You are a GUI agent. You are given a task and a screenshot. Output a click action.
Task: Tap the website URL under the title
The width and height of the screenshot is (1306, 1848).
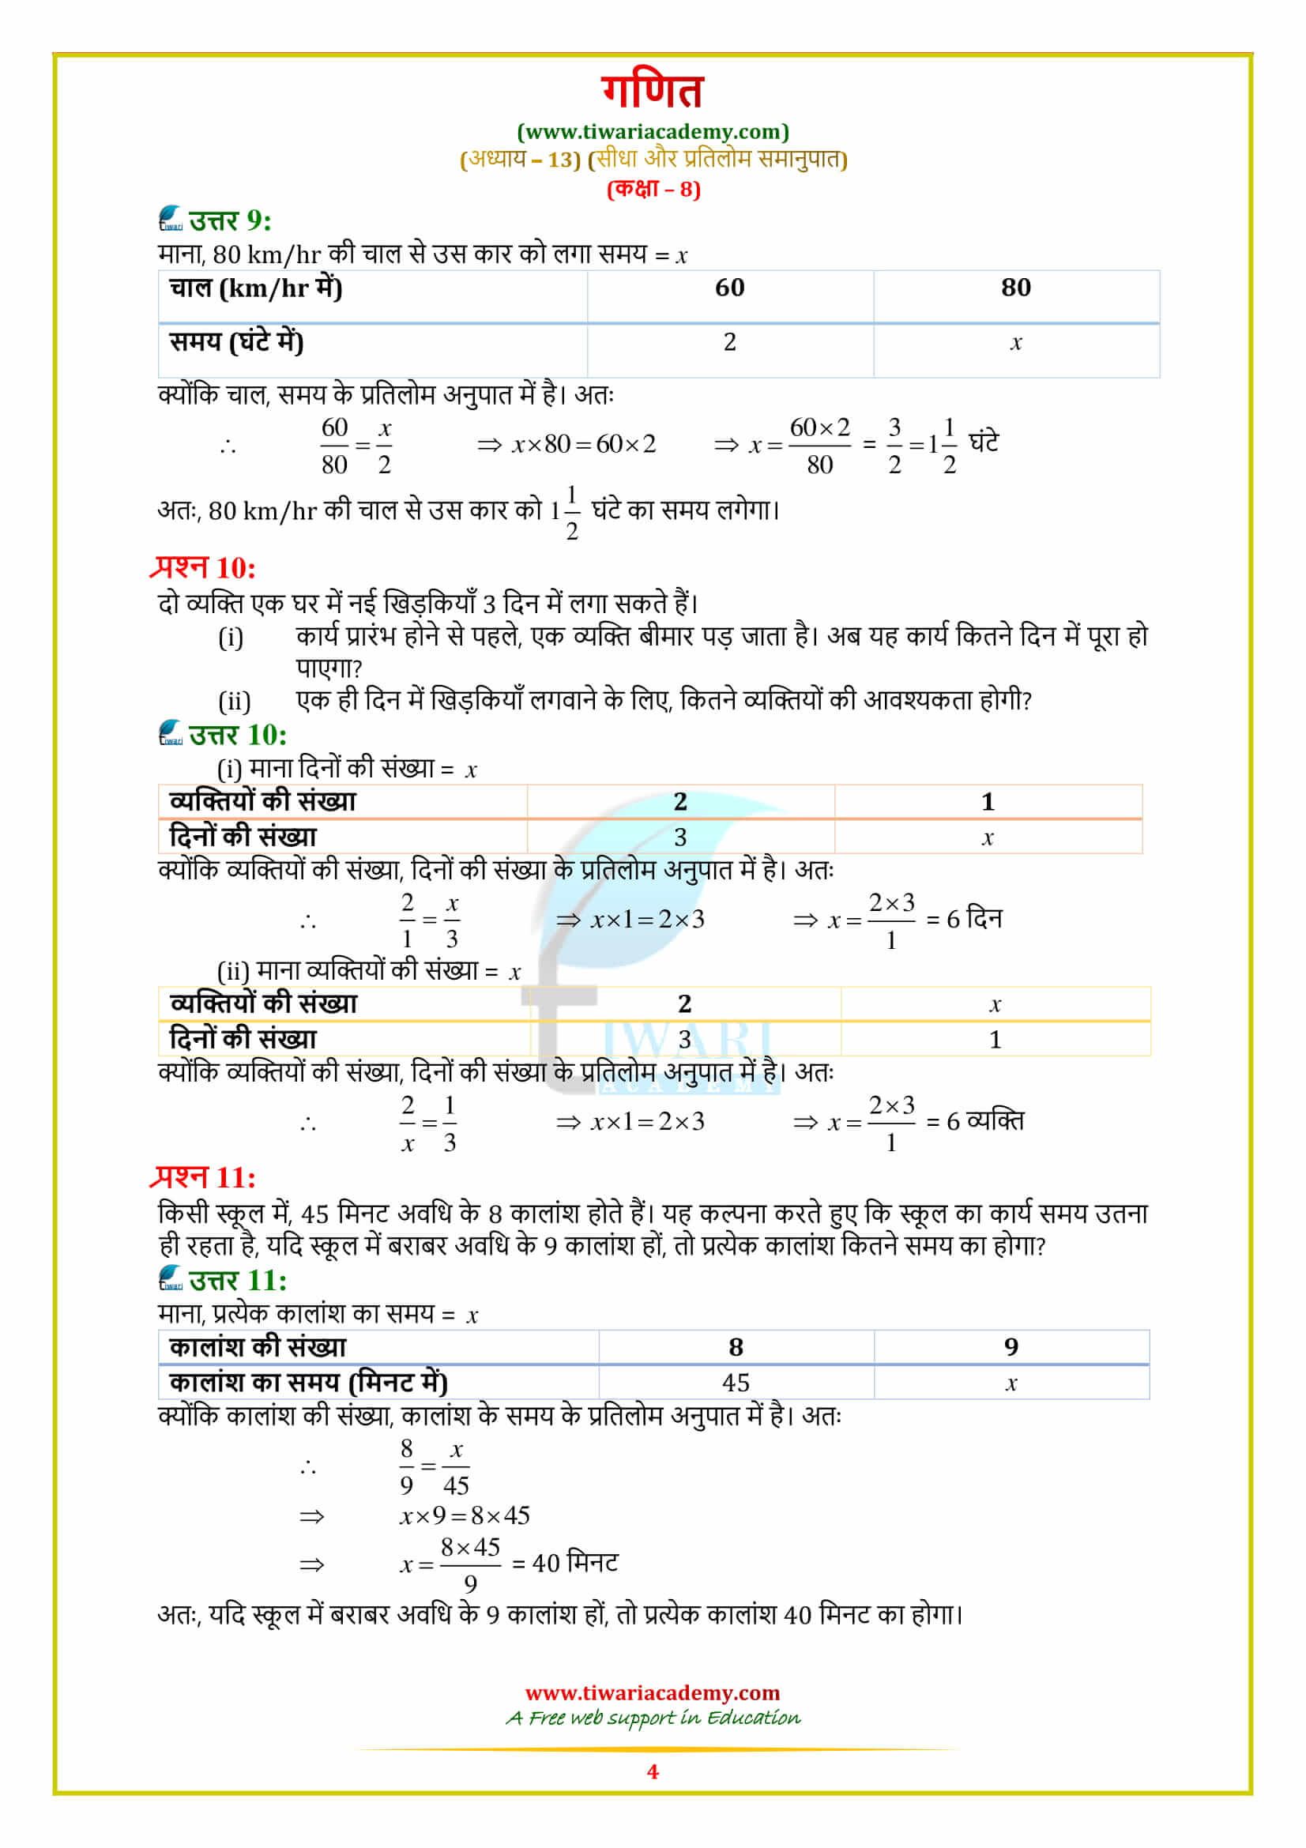653,131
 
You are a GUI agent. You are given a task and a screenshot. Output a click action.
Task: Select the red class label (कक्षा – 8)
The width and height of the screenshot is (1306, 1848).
653,189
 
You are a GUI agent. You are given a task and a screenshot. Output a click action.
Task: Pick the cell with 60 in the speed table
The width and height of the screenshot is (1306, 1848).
729,288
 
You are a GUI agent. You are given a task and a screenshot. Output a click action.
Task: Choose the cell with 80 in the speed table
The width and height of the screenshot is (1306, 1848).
1015,288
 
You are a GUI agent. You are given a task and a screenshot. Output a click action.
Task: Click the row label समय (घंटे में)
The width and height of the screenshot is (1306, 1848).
236,342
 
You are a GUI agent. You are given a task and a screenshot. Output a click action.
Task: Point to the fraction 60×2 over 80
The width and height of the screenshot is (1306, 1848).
819,445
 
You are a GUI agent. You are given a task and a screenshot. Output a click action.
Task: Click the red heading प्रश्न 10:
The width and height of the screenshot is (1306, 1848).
204,567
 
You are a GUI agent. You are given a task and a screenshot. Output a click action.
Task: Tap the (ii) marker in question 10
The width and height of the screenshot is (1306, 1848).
234,701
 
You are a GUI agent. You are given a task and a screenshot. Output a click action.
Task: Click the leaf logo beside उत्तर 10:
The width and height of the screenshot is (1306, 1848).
171,732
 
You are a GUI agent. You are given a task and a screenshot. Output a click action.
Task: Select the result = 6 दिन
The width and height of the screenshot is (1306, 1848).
964,918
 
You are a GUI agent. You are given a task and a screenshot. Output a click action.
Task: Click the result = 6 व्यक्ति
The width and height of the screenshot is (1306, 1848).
974,1120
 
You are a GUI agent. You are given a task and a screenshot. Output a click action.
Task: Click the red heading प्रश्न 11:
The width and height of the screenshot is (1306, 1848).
204,1177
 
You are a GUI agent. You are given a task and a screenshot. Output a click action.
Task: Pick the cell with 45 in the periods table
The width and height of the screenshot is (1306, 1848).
736,1382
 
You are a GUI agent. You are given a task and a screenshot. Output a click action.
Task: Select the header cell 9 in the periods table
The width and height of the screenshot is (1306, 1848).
1011,1346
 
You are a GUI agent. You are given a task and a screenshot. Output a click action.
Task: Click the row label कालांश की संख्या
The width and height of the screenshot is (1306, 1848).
258,1346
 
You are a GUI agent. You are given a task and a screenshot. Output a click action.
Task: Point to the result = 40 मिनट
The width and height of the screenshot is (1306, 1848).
565,1563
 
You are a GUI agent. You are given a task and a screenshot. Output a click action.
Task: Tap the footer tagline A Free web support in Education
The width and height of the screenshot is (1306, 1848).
653,1718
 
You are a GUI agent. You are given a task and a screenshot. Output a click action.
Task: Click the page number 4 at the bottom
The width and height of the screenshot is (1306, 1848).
653,1771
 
